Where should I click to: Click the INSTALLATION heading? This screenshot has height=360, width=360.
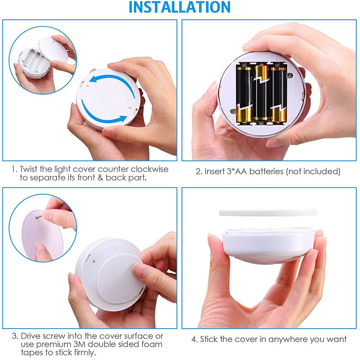180,7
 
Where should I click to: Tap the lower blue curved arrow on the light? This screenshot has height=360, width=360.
101,116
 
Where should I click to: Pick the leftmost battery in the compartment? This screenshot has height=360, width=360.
244,94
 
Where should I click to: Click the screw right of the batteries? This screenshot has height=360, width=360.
290,75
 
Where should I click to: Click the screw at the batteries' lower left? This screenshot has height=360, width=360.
233,111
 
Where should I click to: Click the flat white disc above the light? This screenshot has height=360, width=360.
268,212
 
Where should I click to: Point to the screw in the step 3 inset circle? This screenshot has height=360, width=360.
39,216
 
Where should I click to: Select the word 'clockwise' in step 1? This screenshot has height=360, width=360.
149,169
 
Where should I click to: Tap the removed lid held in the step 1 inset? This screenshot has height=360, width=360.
53,49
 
